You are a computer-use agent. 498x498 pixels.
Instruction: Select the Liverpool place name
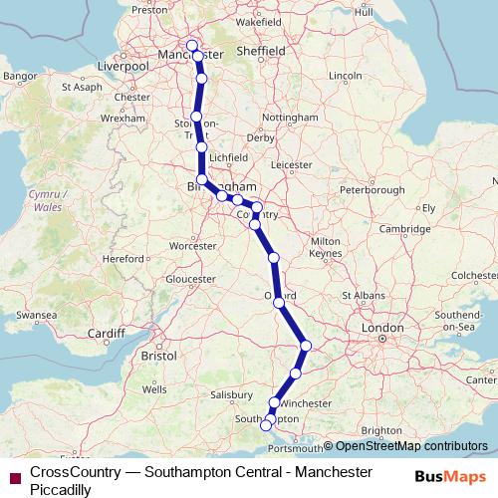click(123, 66)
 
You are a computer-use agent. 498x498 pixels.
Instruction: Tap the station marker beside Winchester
click(275, 403)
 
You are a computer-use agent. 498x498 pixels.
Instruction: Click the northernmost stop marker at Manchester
click(192, 45)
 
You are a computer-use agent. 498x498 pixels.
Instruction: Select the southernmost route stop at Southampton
click(265, 426)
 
